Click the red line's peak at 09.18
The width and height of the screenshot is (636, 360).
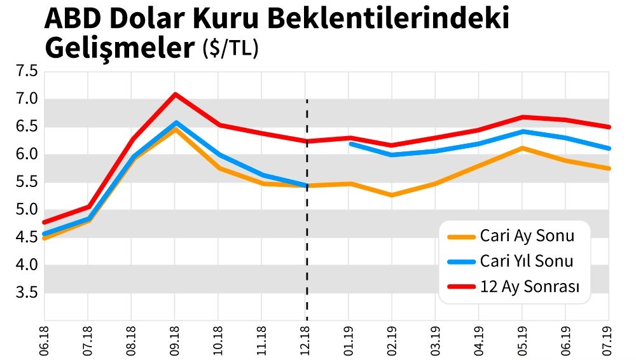(175, 95)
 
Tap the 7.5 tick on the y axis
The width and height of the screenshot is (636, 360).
(27, 71)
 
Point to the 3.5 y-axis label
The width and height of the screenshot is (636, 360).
(27, 293)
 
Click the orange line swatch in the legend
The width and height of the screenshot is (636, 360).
(462, 237)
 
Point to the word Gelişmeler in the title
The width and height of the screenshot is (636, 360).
(118, 48)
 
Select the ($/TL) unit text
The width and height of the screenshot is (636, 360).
(230, 50)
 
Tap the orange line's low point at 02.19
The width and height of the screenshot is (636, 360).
(391, 195)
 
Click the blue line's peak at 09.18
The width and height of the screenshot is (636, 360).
(175, 123)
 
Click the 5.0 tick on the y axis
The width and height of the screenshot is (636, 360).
(27, 209)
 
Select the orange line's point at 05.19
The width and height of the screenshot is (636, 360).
(522, 148)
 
